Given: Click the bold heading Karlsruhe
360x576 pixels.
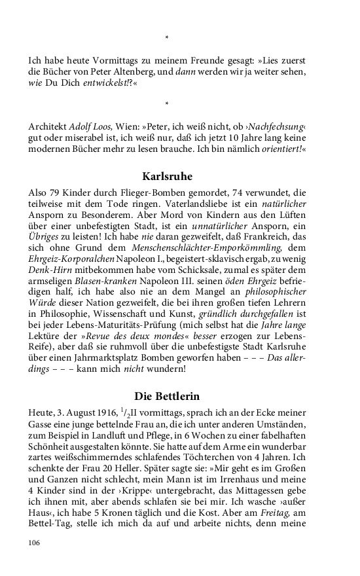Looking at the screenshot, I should pos(167,176).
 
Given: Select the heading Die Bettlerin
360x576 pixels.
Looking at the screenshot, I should pos(167,396).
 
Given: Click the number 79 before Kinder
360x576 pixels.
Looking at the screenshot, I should pos(54,193).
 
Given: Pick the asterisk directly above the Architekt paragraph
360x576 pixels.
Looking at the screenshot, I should pos(167,104).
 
